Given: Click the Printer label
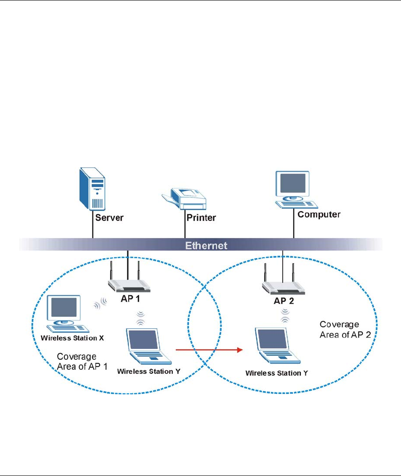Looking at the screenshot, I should click(201, 217).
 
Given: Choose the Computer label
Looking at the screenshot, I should click(319, 214).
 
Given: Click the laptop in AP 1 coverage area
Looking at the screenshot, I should click(148, 347).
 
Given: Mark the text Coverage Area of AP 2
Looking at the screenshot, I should click(339, 329).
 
